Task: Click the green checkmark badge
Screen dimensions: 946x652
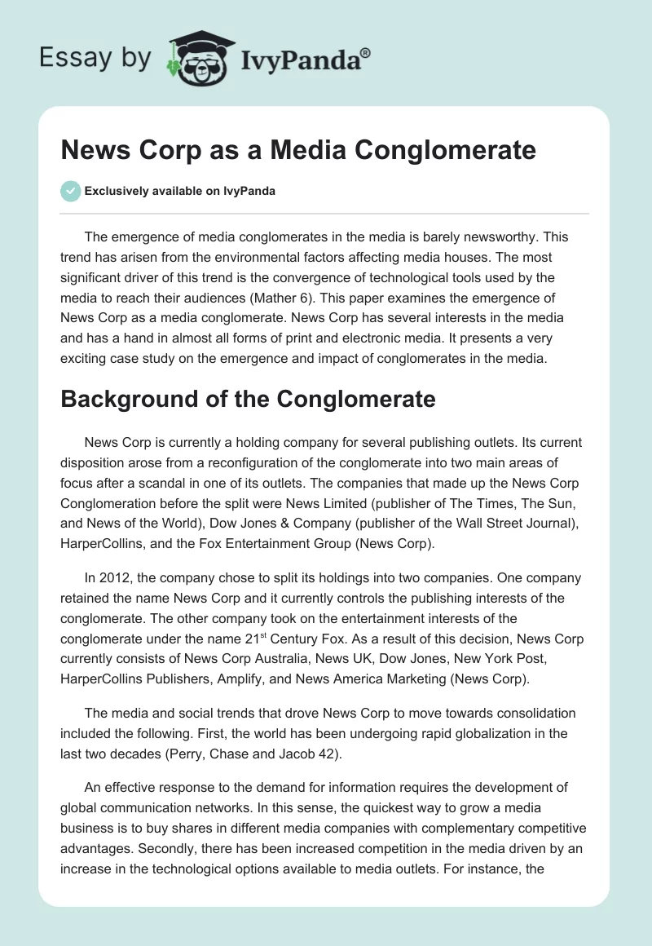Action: coord(70,191)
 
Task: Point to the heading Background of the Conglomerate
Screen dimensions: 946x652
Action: coord(249,399)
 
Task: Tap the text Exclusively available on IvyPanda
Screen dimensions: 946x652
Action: coord(180,191)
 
